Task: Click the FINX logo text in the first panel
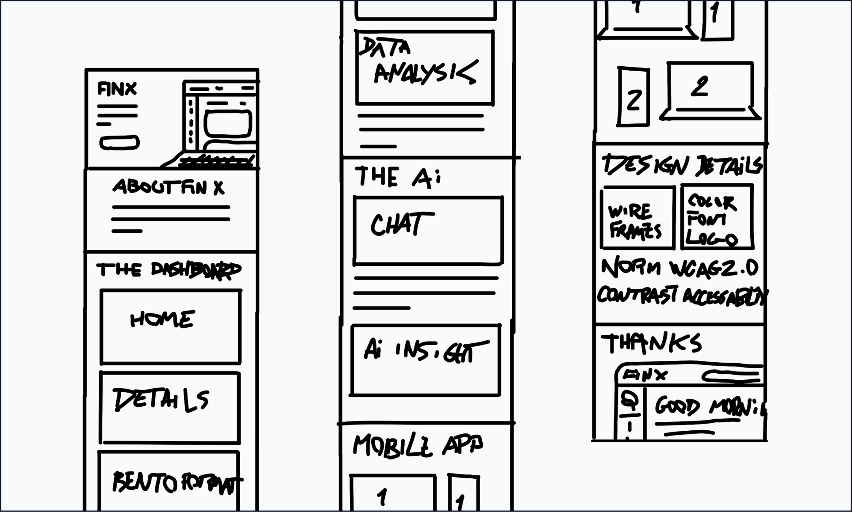[x=117, y=89]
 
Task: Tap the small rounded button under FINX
[x=119, y=143]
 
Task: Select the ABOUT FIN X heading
[x=168, y=187]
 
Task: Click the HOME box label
[x=162, y=319]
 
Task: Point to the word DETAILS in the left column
[x=161, y=400]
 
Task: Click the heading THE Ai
[x=397, y=176]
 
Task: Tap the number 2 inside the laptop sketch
[x=700, y=87]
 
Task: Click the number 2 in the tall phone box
[x=633, y=100]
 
